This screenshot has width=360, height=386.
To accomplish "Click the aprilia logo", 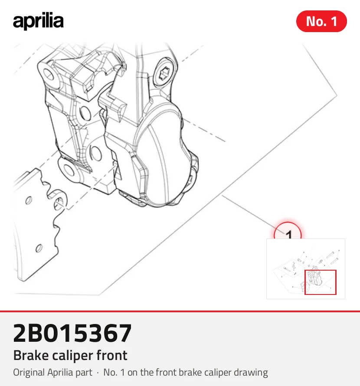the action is click(x=38, y=21).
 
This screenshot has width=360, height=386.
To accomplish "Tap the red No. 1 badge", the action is click(x=321, y=21).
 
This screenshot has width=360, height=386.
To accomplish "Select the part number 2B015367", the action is click(x=72, y=334).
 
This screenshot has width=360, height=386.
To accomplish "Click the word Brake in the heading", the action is click(x=31, y=355).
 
